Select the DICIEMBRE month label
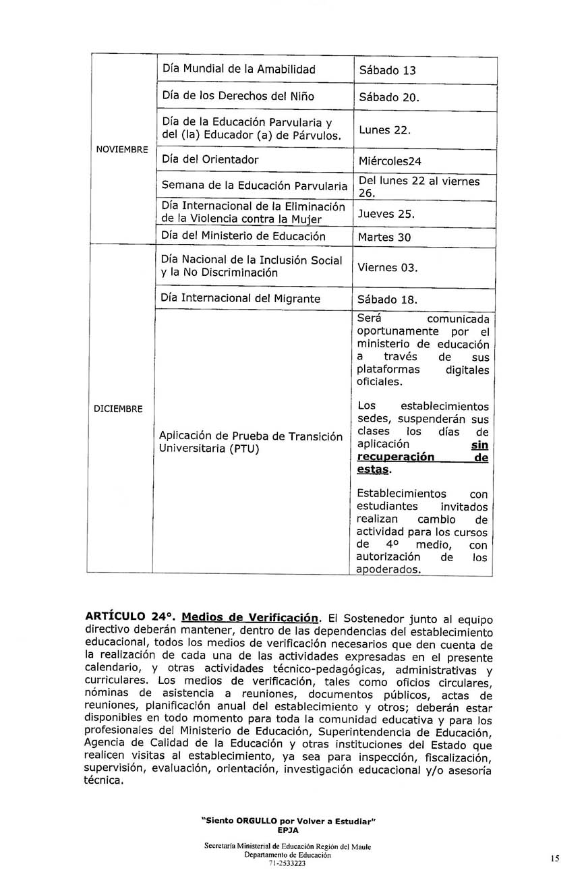pos(118,409)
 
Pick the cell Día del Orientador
pos(210,160)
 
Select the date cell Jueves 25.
pos(386,214)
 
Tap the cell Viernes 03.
pos(388,268)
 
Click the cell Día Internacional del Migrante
pos(241,298)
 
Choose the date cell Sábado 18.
pos(389,299)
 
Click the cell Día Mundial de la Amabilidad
pos(239,69)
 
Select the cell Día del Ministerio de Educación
pos(243,236)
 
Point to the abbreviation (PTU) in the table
pos(244,449)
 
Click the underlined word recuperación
pos(395,457)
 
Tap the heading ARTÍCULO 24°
pos(130,616)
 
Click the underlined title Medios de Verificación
pos(250,617)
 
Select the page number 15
pos(554,859)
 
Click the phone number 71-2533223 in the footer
pos(287,863)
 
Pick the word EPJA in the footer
pos(288,830)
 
